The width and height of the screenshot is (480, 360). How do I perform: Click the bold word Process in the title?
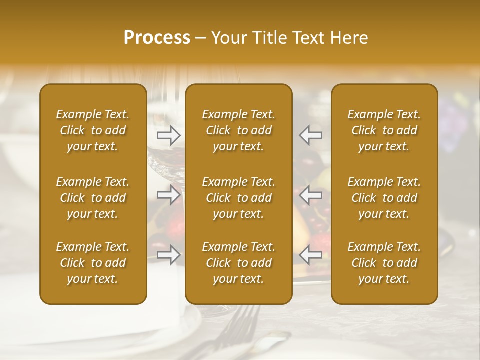[157, 38]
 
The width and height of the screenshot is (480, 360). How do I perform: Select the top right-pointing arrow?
[168, 135]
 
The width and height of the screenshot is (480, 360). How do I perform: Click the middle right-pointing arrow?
[168, 195]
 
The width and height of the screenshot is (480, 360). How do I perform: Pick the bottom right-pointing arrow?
[168, 255]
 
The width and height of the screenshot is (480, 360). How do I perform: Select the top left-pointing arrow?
[311, 135]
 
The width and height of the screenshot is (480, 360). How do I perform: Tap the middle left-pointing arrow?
[311, 195]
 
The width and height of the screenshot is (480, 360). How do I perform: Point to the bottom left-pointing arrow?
[311, 255]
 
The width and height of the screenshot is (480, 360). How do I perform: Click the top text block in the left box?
[93, 130]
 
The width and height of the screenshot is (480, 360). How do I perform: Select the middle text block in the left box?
[93, 198]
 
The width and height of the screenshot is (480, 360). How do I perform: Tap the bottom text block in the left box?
[93, 263]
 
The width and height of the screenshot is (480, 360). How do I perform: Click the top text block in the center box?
[238, 130]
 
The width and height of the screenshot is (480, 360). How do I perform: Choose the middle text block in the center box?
[238, 198]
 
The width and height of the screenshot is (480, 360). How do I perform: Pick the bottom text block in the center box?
[238, 263]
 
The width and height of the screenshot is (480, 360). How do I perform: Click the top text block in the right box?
[384, 130]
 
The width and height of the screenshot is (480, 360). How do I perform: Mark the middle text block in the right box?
[384, 198]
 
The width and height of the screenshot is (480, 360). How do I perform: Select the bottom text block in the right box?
[384, 263]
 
